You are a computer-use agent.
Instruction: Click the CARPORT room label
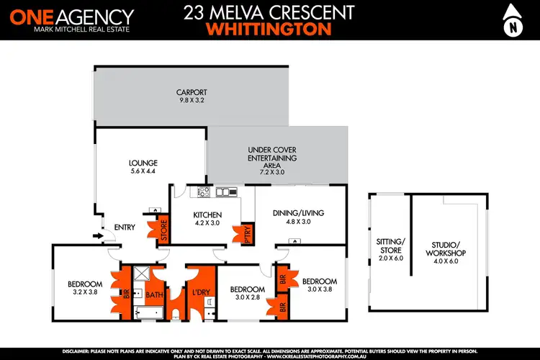click(x=192, y=92)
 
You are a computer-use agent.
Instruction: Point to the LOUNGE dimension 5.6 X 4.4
click(x=144, y=171)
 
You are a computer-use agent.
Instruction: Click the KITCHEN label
click(x=207, y=215)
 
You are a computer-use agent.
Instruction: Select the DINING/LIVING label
click(x=299, y=213)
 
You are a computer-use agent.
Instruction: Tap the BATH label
click(x=155, y=294)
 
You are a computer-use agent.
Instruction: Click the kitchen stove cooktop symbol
click(x=203, y=192)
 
